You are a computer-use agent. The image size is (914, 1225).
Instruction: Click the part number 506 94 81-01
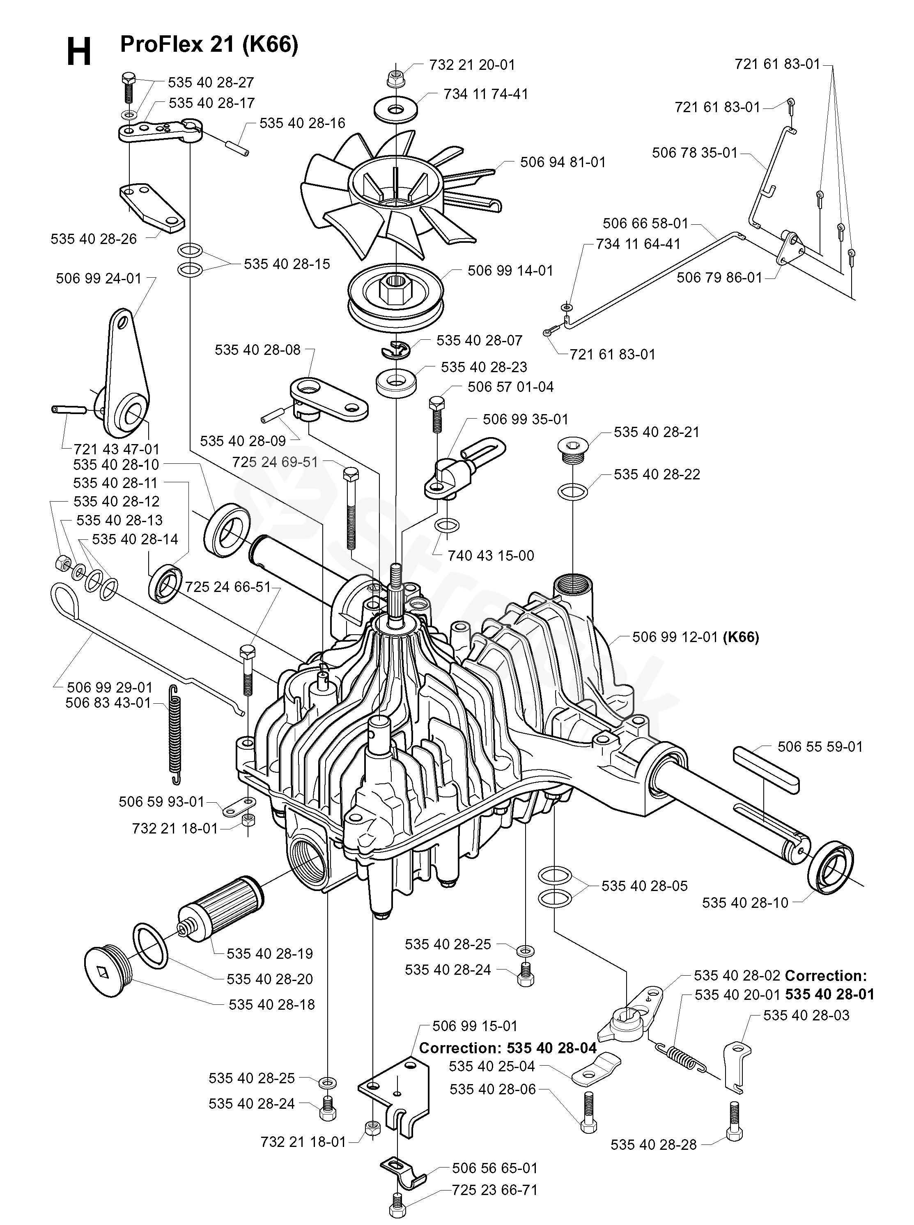(x=563, y=162)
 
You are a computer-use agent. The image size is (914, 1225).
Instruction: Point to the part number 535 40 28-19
(x=269, y=953)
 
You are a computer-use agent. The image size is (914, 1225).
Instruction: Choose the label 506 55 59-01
(x=820, y=747)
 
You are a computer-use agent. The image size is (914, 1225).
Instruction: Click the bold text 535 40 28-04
(x=551, y=1048)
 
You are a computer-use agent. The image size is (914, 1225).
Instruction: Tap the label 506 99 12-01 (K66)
(x=696, y=637)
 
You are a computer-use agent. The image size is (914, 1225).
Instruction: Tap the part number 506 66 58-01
(x=645, y=223)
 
